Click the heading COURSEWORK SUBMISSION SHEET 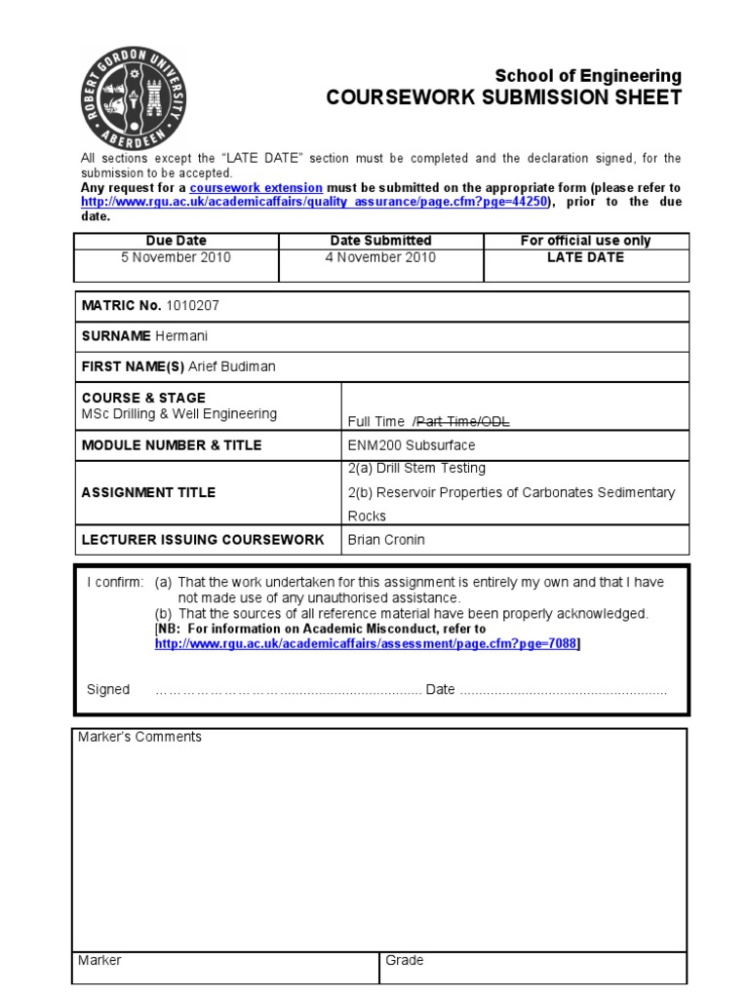tap(503, 97)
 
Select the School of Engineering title tap(588, 76)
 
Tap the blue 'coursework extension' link tap(256, 187)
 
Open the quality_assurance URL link tap(315, 202)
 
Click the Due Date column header tap(177, 241)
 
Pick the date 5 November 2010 tap(177, 258)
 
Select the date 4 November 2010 tap(380, 258)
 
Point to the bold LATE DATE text tap(586, 258)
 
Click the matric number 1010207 tap(193, 306)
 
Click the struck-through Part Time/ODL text tap(462, 421)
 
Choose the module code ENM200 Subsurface tap(412, 445)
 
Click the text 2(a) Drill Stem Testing tap(416, 469)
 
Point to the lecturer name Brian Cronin tap(386, 539)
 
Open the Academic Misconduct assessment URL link tap(366, 644)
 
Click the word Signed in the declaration tap(108, 689)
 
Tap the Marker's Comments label tap(139, 738)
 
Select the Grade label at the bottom tap(405, 961)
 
